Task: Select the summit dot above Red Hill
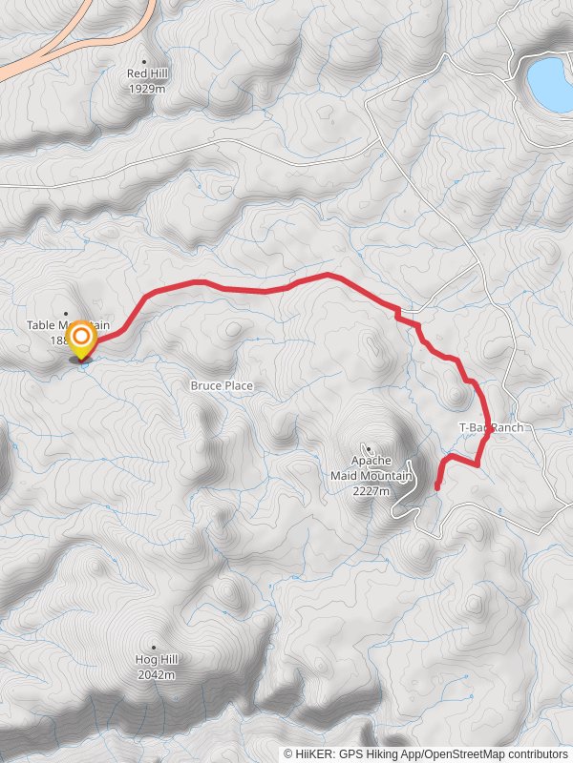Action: (x=146, y=60)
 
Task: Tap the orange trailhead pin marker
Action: (x=83, y=338)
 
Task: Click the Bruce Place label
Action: (x=222, y=385)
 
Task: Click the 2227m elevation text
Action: (x=371, y=491)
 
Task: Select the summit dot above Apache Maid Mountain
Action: (x=369, y=447)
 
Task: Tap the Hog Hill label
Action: (x=156, y=659)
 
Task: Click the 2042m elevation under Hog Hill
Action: (x=156, y=674)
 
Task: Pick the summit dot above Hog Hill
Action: (x=154, y=647)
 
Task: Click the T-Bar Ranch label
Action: (x=491, y=428)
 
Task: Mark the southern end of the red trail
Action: (x=437, y=488)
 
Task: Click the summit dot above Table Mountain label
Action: (x=66, y=314)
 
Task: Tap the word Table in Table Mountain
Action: (x=40, y=325)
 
